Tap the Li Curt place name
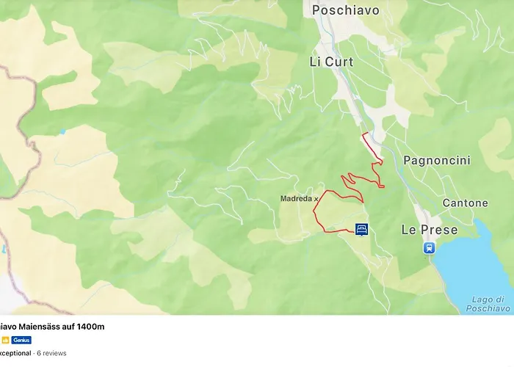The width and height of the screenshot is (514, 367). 331,62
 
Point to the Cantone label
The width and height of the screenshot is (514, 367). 465,203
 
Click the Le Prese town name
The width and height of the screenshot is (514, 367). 430,230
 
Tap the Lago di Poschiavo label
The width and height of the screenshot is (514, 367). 489,304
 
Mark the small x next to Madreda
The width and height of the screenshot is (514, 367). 316,198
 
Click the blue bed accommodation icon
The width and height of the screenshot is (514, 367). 361,230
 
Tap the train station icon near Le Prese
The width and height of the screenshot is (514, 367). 429,248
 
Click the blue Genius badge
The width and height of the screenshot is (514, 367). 21,340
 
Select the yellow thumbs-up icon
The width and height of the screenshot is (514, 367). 4,340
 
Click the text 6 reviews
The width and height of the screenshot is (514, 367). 51,353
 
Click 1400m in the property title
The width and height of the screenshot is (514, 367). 91,327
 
